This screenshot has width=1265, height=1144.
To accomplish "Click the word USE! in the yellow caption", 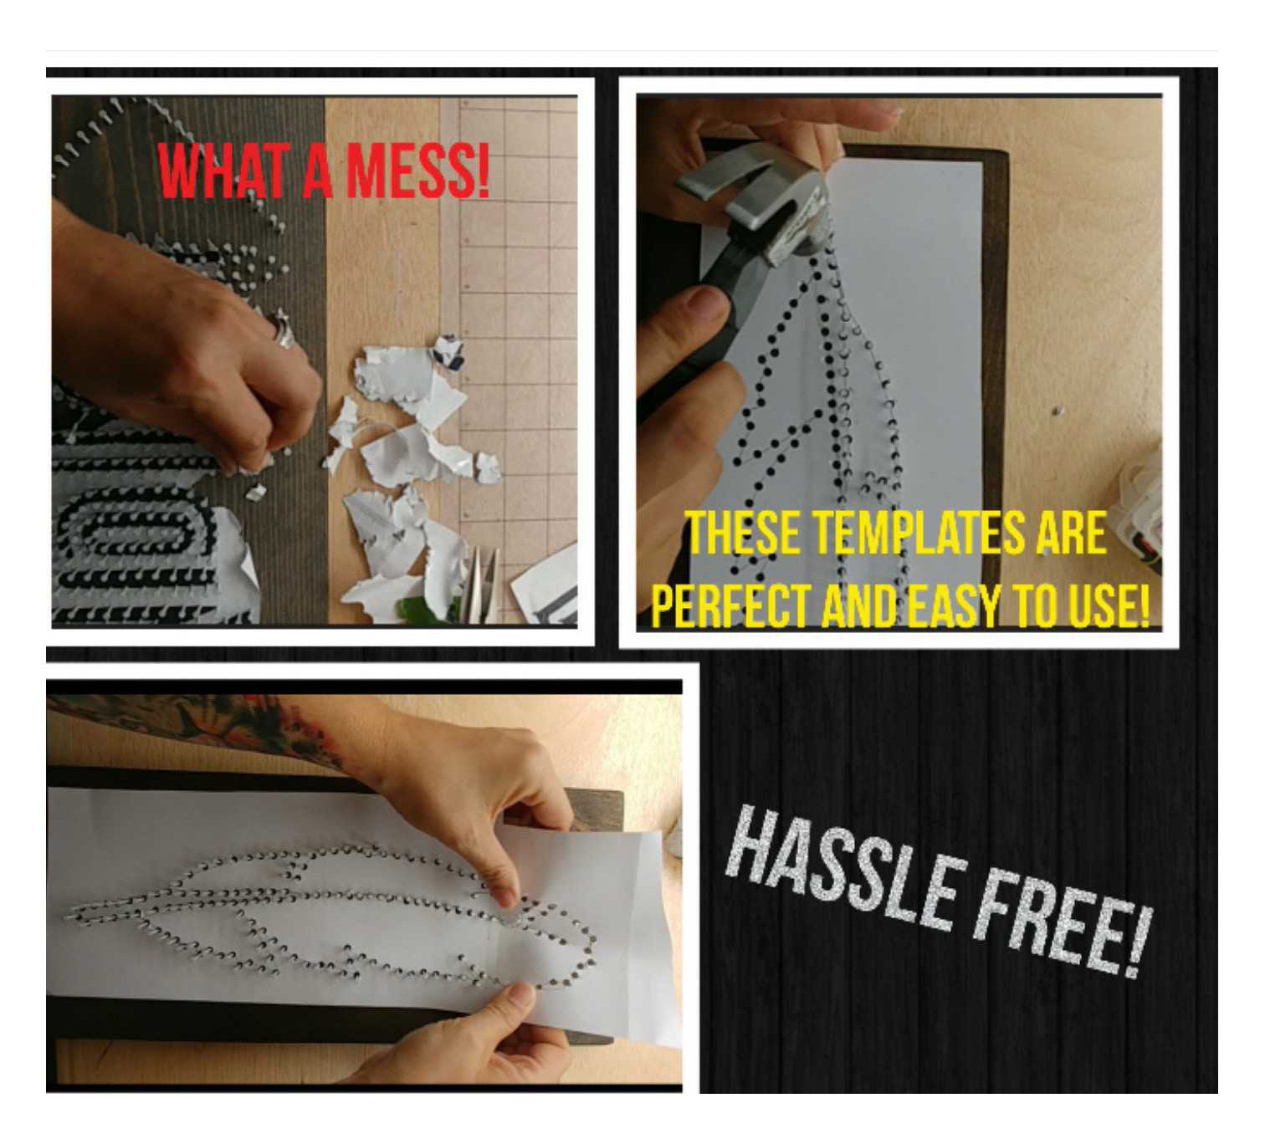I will tap(1109, 605).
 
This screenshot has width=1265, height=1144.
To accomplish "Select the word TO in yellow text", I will tap(1037, 605).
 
